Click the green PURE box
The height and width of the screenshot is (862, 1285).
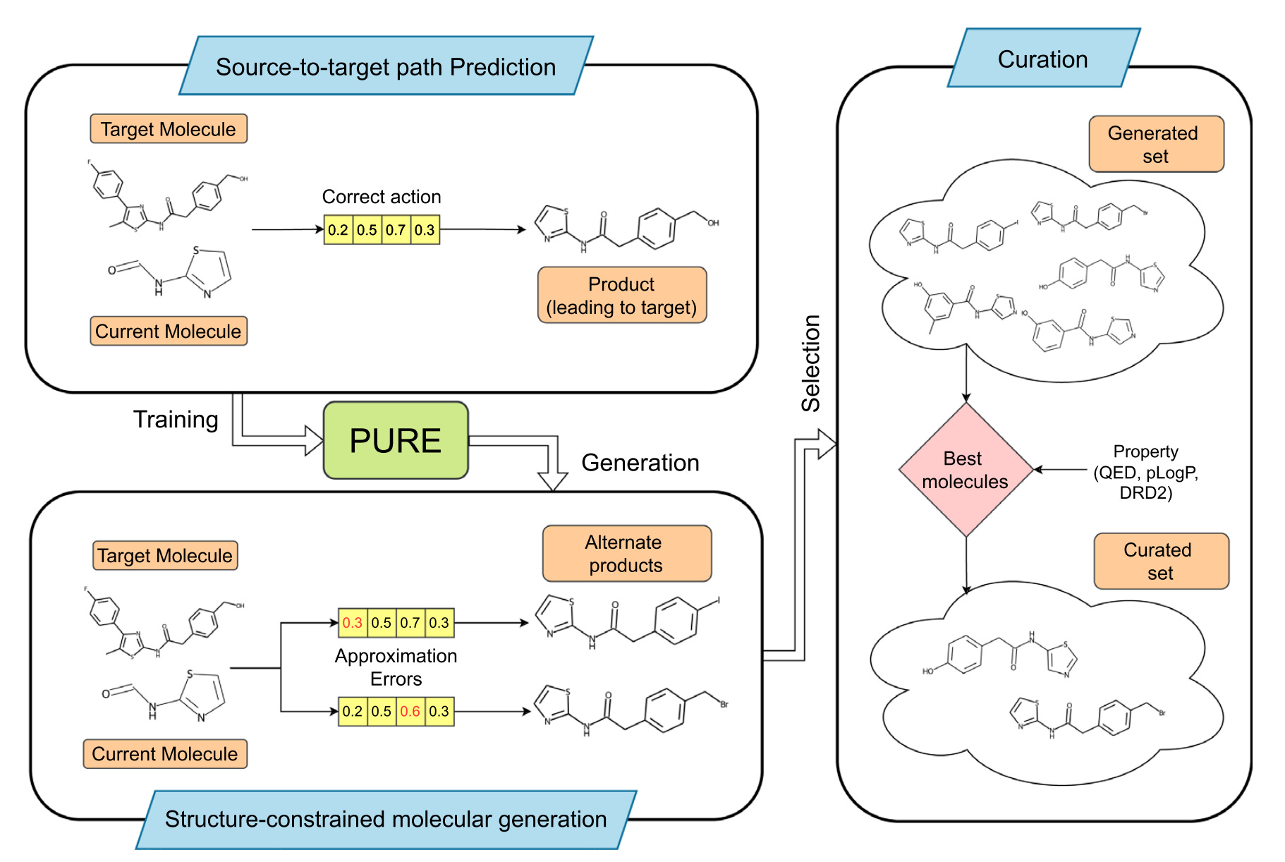[396, 441]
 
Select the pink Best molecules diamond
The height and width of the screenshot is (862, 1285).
[965, 470]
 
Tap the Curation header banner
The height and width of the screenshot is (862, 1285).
[1042, 59]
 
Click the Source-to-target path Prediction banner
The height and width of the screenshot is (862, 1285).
[386, 67]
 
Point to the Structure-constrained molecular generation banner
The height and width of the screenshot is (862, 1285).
[386, 819]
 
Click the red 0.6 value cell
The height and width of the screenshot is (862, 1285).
[410, 711]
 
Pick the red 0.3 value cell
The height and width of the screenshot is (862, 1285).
[352, 623]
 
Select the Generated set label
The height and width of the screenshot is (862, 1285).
[1155, 145]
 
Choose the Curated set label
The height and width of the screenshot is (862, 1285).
[1160, 561]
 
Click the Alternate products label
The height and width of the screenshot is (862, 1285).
[626, 554]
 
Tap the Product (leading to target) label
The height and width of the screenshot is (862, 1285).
[621, 296]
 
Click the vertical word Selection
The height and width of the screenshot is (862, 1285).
[811, 363]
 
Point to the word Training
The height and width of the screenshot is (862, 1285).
[176, 420]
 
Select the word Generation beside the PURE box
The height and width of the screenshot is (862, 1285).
[640, 463]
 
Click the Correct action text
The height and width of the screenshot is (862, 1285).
[382, 197]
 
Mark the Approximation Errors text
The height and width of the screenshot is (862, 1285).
[396, 667]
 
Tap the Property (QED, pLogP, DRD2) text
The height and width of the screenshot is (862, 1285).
[1145, 472]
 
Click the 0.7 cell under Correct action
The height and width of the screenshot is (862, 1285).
[396, 230]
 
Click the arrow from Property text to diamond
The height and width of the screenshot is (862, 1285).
[1061, 469]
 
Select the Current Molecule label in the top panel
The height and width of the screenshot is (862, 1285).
[168, 332]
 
